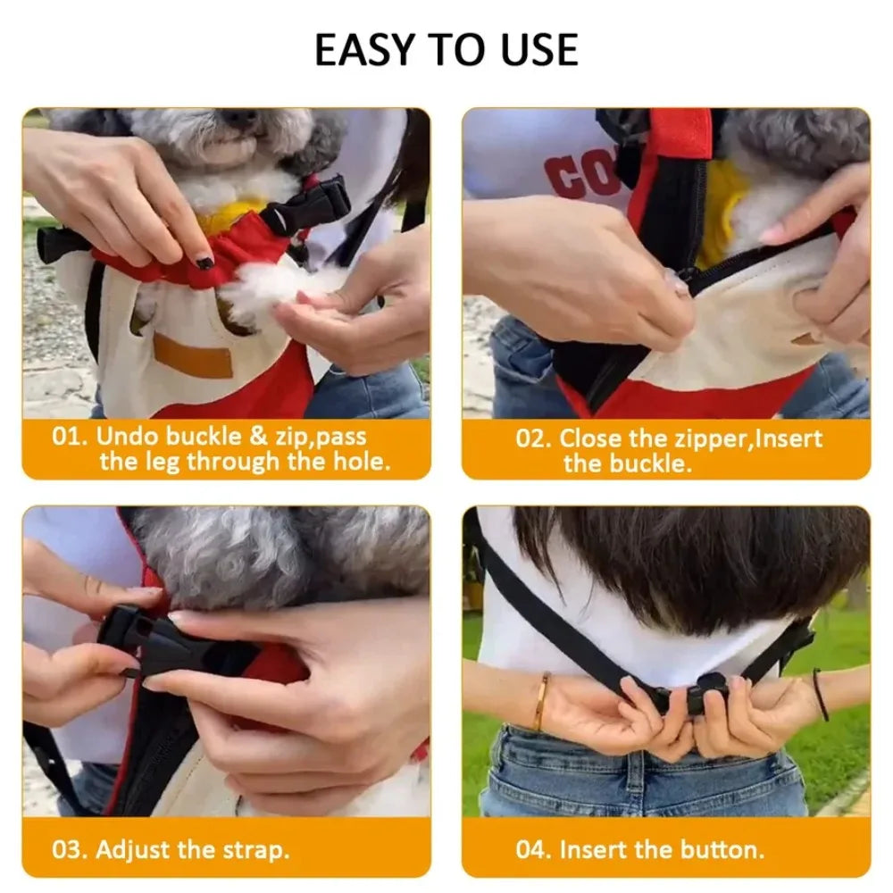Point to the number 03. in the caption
(70, 849)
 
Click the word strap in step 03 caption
(252, 849)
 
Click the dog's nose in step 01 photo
(239, 118)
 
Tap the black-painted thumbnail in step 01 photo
(204, 262)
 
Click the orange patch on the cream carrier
(192, 356)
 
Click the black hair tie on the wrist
(819, 694)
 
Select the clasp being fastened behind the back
(701, 690)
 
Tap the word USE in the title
(536, 50)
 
